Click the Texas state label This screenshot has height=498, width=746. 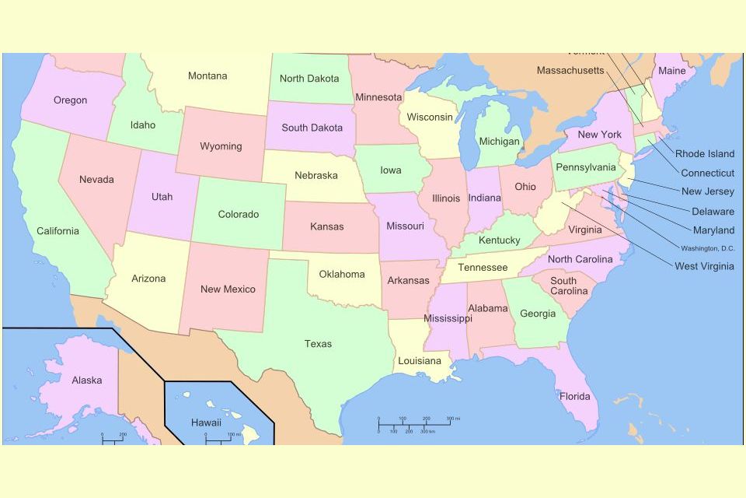point(318,344)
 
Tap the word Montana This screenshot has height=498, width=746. point(207,76)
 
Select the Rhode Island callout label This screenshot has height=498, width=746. point(704,154)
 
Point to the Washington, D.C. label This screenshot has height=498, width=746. point(707,249)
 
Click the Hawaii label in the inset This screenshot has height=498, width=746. point(206,423)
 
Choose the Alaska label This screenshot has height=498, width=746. point(86,381)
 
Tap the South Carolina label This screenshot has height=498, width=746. point(569,286)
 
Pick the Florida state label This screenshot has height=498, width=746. point(574,397)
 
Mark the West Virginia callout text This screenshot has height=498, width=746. point(704,267)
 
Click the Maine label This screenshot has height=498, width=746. point(672,71)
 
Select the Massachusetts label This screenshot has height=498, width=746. point(570,71)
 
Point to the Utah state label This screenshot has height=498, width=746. point(162,197)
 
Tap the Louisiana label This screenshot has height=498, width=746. point(419,361)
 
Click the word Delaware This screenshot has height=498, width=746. point(713,212)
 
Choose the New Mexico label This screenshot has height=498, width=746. point(228,289)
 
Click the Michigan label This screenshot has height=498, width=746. point(499,142)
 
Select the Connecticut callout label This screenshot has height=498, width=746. point(707,173)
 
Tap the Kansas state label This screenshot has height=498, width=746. point(326,227)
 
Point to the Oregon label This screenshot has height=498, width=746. point(70,100)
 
